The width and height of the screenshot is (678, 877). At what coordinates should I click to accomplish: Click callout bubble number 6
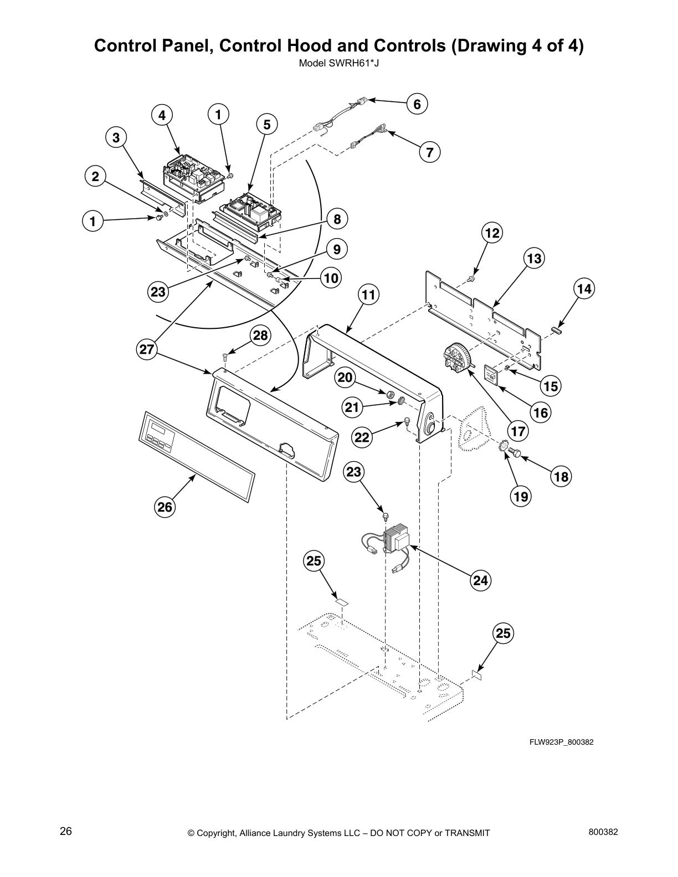coord(417,104)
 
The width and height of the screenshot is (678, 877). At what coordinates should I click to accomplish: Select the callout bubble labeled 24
coord(481,580)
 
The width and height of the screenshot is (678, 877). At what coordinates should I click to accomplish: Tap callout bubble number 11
coord(369,295)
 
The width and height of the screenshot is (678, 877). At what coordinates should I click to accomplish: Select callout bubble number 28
coord(260,336)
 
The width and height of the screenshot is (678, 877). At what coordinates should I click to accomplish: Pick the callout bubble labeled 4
coord(162,115)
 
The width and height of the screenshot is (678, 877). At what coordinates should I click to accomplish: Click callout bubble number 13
coord(535,258)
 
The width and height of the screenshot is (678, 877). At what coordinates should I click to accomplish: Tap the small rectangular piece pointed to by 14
coord(557,331)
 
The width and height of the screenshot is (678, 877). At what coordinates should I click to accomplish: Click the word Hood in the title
coord(329,46)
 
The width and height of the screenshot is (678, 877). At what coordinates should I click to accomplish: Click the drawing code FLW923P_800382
coord(561,742)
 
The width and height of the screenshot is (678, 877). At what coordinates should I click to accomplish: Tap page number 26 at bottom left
coord(66,831)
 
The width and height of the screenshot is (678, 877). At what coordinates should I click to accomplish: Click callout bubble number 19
coord(521,496)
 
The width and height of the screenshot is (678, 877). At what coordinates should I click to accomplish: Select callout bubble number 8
coord(337,219)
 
